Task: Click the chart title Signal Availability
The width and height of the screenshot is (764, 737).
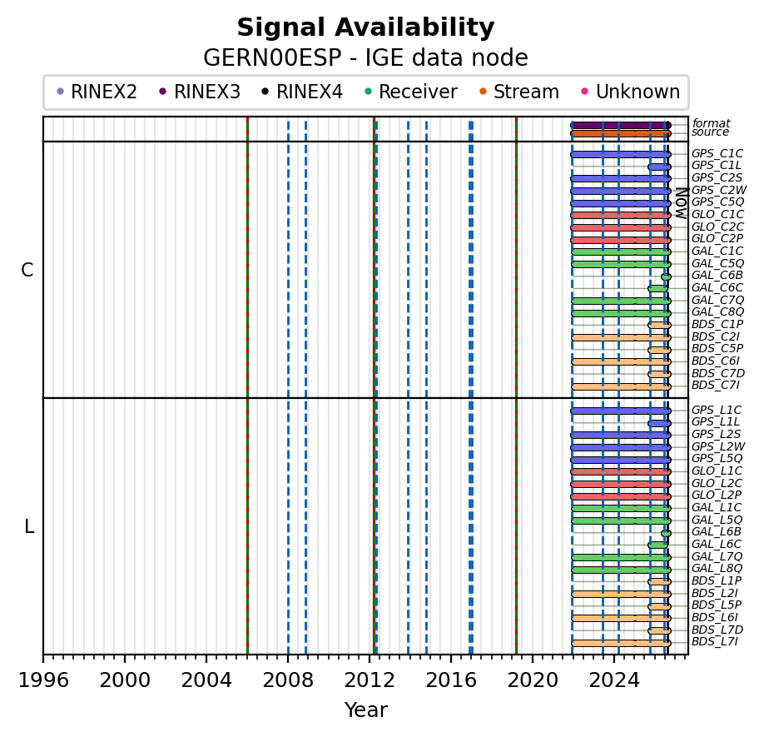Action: (365, 27)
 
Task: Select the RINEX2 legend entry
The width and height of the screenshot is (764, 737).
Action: (97, 92)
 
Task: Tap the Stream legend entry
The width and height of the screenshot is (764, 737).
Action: (519, 92)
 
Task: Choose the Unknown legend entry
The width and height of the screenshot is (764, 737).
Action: (631, 92)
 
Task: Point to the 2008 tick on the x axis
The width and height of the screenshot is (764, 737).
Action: (288, 657)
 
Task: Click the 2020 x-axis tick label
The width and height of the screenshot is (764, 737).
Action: (533, 680)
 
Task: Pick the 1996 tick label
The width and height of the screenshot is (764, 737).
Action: (43, 680)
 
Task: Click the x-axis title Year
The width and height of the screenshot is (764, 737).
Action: (366, 710)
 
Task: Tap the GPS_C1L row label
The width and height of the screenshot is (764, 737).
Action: (717, 166)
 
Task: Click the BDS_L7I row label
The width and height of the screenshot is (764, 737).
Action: (715, 641)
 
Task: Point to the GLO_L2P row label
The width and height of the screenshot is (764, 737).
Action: (717, 495)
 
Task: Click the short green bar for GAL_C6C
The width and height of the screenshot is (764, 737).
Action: (657, 289)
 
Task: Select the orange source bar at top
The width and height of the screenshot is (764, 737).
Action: (621, 133)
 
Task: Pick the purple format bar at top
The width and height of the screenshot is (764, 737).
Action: (621, 125)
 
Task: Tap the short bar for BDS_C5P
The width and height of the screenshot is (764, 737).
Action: (659, 350)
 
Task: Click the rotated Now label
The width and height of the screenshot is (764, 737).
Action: (682, 203)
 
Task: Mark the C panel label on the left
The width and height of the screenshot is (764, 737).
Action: (27, 270)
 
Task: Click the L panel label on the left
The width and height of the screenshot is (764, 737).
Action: (29, 526)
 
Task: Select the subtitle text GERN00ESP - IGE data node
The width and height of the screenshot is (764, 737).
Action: (365, 58)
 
